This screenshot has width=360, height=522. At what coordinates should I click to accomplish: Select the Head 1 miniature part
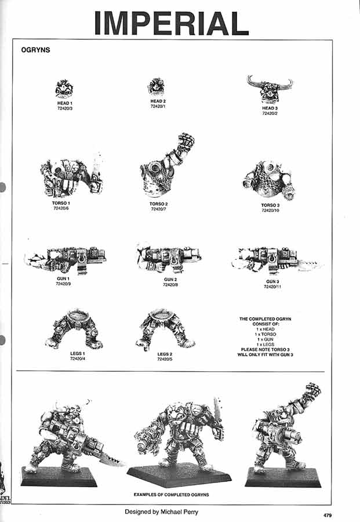tap(63, 89)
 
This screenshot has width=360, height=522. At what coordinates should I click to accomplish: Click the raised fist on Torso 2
tap(186, 142)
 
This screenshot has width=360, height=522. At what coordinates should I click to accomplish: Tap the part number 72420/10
tap(270, 211)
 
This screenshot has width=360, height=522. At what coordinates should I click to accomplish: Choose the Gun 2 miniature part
tap(168, 258)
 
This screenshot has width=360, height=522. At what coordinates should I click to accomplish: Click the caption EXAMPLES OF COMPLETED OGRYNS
tap(171, 494)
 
